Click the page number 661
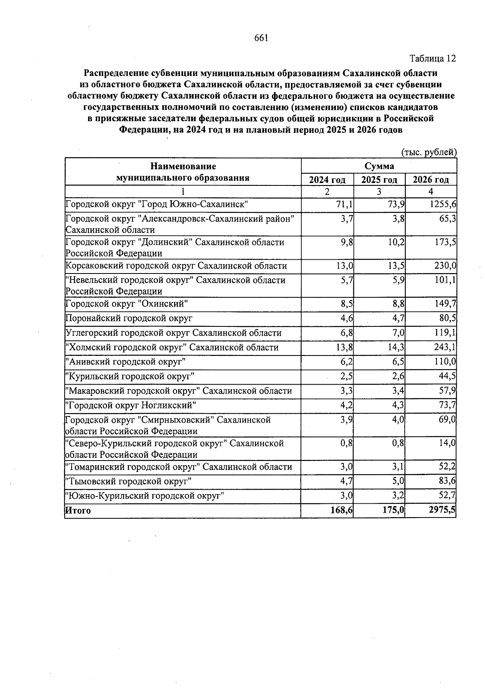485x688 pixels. (x=261, y=38)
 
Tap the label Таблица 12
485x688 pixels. (x=433, y=59)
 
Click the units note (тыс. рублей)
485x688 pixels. (x=428, y=152)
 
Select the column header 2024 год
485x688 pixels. (x=327, y=180)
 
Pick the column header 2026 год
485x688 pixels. (x=431, y=180)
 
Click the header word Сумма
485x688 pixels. (x=379, y=166)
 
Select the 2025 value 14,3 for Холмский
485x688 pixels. (x=394, y=348)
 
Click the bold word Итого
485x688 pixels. (x=78, y=511)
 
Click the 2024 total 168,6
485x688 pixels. (x=342, y=510)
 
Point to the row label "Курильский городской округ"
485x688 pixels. (x=130, y=377)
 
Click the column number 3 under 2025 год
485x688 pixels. (x=379, y=191)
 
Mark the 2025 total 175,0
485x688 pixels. (x=393, y=510)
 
